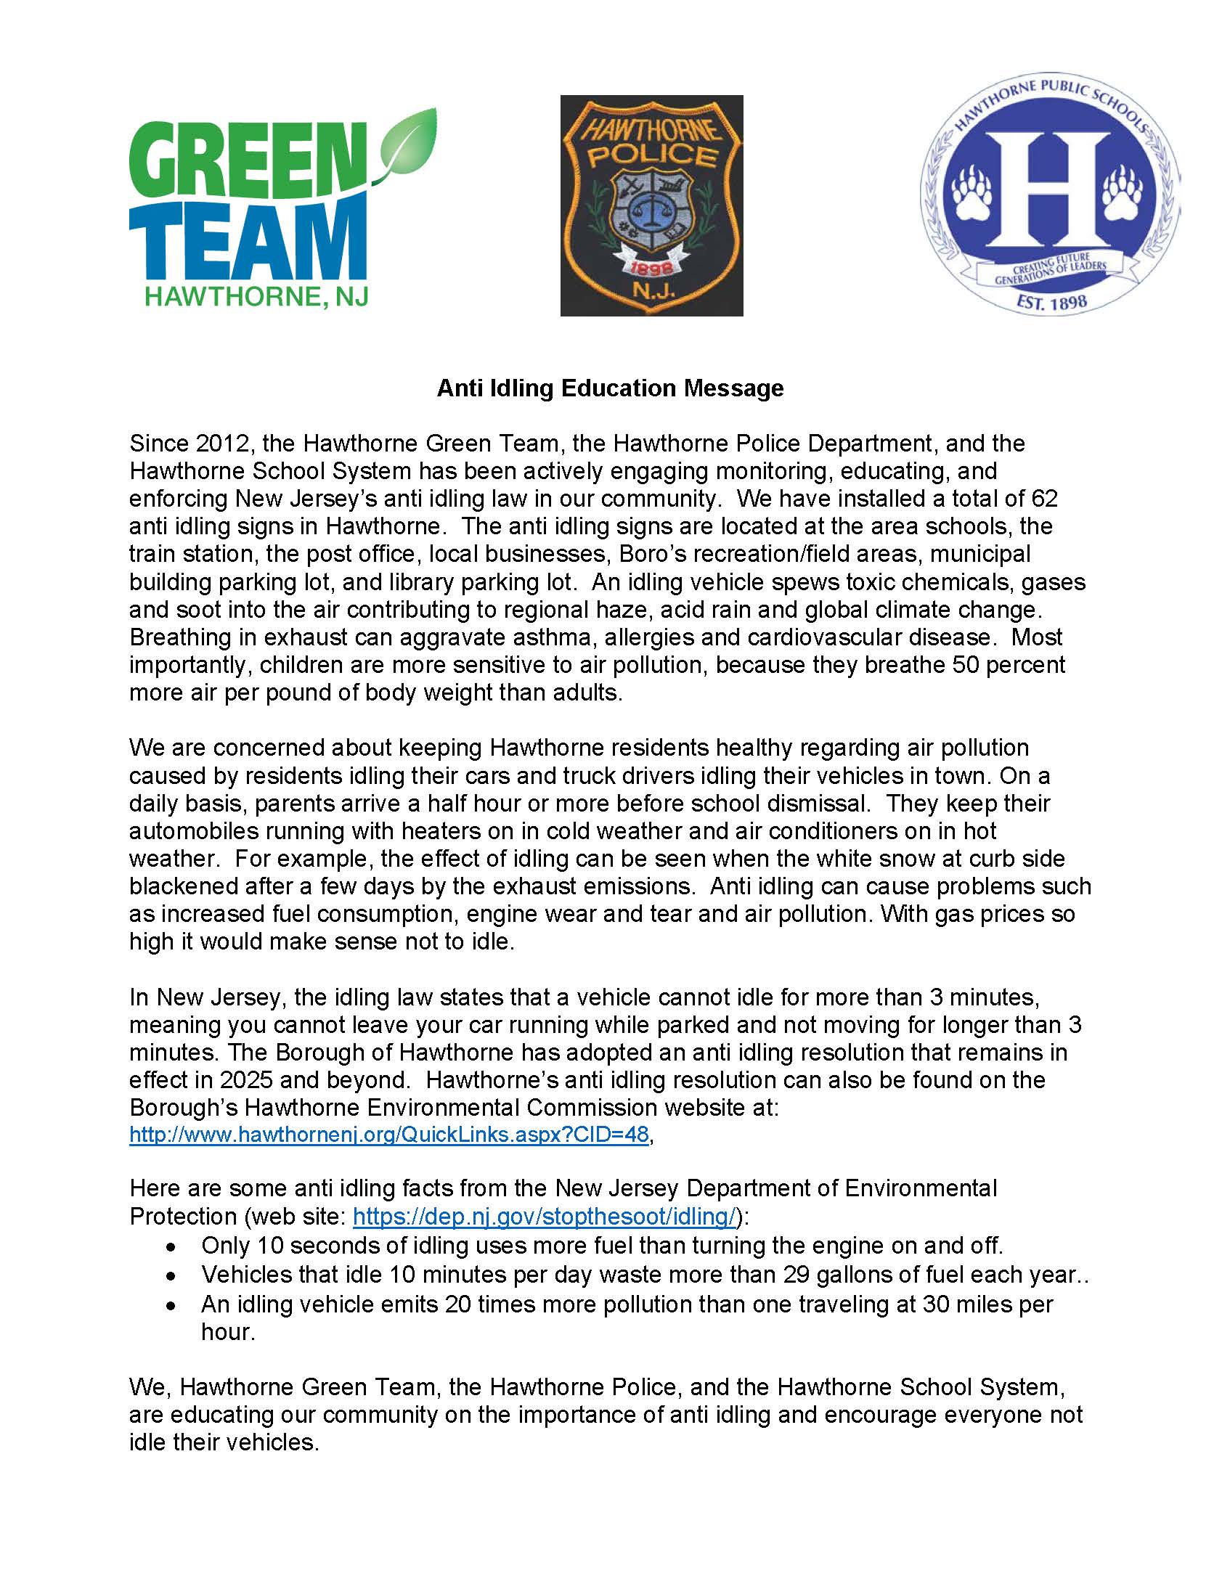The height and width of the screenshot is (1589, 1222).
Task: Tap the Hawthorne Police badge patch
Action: tap(651, 206)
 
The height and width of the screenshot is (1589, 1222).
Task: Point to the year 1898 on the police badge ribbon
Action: tap(653, 268)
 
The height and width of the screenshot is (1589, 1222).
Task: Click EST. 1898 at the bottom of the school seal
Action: tap(1051, 301)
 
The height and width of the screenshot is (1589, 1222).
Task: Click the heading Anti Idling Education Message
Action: tap(609, 388)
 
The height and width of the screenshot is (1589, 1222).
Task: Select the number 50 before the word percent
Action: tap(966, 665)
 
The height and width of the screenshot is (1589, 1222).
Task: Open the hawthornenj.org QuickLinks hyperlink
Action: tap(388, 1135)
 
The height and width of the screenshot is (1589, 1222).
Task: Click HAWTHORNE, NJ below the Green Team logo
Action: tap(257, 296)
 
